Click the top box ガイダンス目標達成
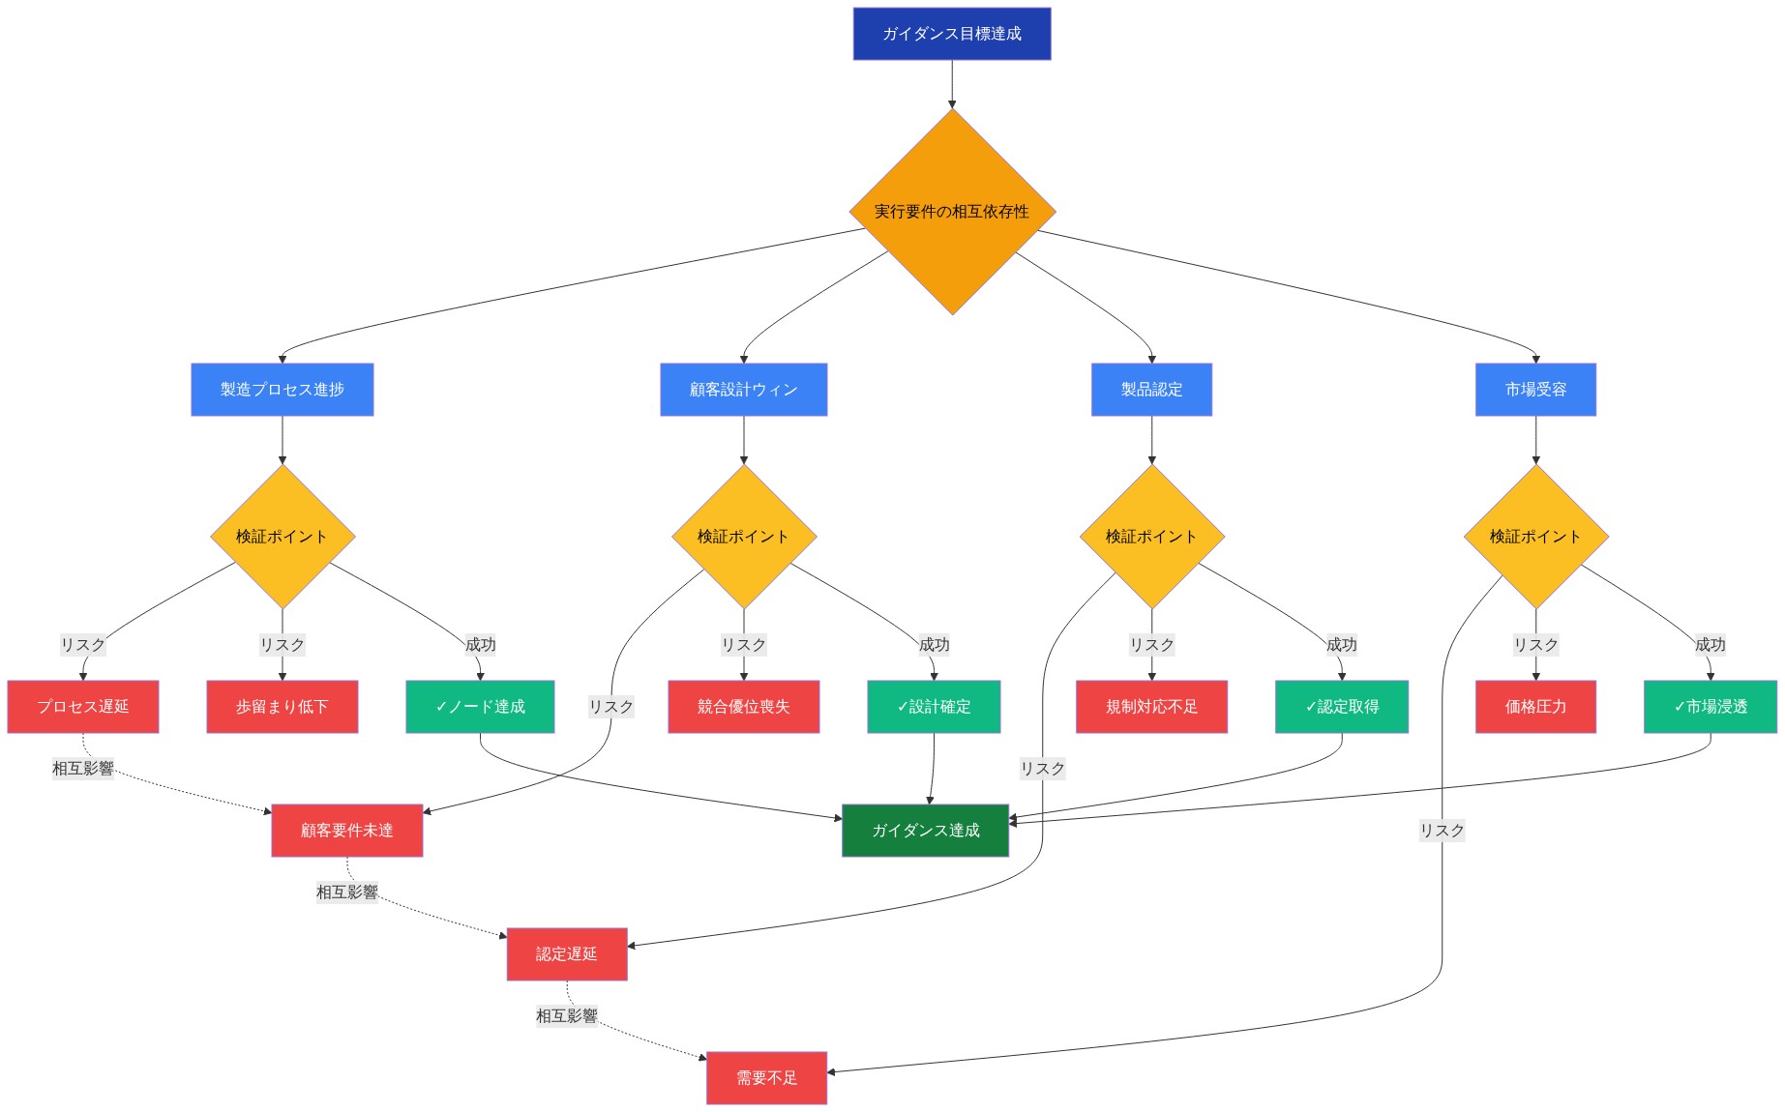952,34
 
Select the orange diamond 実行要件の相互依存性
952,212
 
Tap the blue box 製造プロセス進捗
283,390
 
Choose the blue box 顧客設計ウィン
744,390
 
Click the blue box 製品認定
1151,390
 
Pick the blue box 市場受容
1535,390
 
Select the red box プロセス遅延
83,707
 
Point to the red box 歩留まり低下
283,707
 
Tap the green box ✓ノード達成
481,707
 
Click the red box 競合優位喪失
744,707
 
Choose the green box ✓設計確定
934,707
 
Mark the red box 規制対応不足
1151,707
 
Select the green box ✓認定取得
1342,707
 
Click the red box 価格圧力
1535,707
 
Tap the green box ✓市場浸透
1711,707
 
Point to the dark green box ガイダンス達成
926,831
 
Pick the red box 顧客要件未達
347,831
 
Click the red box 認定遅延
567,954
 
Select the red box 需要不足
766,1078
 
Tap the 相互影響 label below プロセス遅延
83,769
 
